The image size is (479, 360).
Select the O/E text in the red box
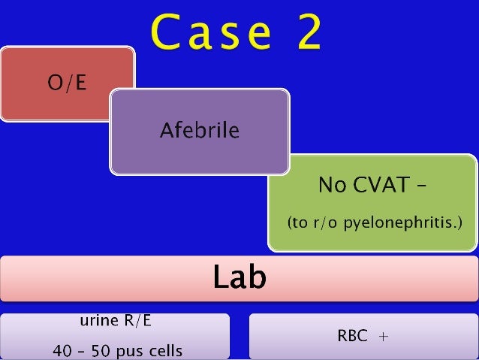click(x=68, y=83)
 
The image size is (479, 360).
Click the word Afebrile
click(x=199, y=132)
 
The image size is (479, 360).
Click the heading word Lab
click(x=239, y=278)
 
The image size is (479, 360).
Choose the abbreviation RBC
click(x=353, y=336)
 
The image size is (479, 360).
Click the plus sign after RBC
click(x=384, y=337)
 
